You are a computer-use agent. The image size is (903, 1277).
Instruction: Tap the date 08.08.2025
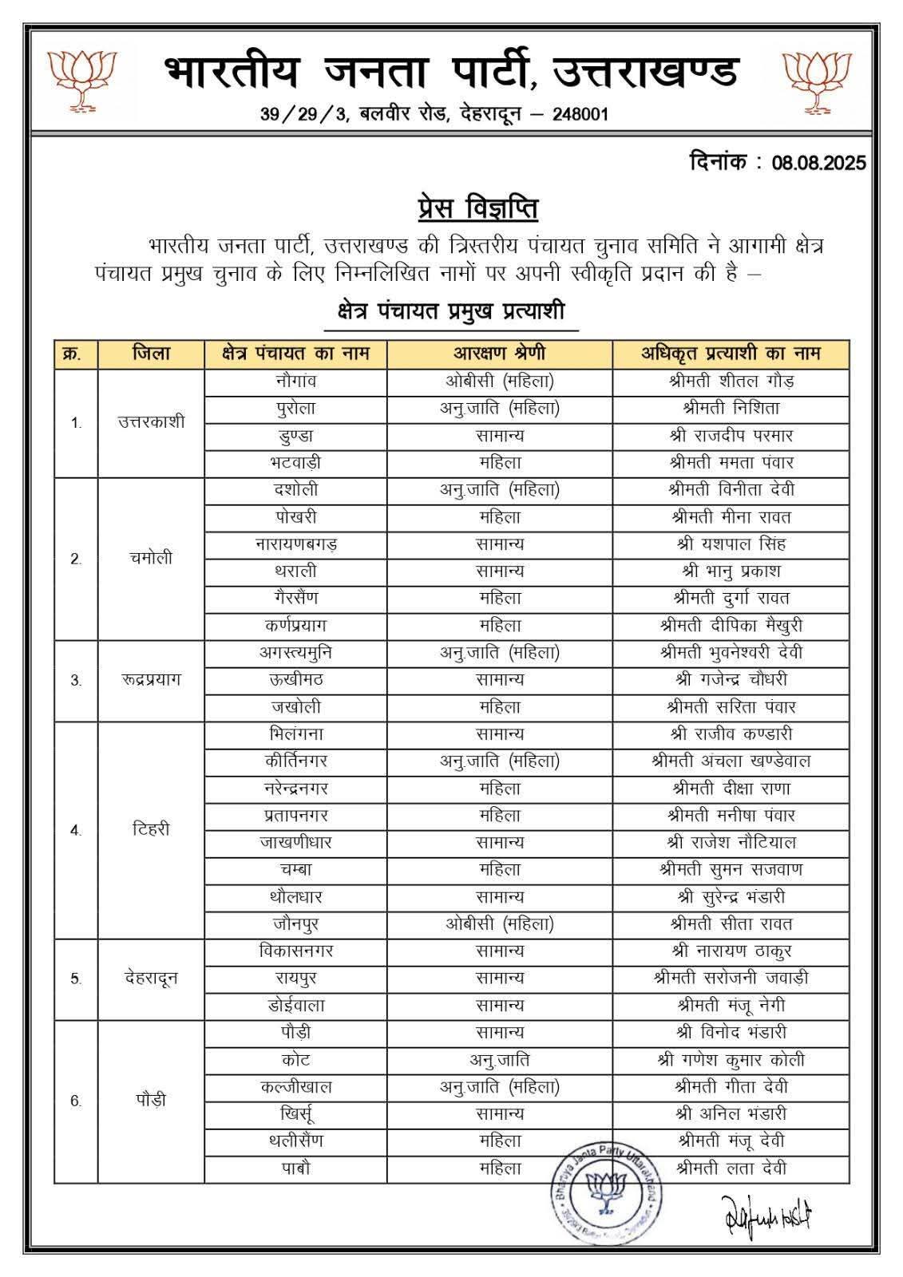coord(818,164)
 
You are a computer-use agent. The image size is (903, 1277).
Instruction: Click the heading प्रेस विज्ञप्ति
coord(477,209)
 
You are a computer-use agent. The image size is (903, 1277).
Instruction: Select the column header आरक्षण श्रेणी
coord(500,354)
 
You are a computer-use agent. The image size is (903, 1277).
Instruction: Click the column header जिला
coord(151,354)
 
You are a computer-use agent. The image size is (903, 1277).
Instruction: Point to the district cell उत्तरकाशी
coord(151,422)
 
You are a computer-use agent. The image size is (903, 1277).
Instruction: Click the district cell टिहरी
coord(151,829)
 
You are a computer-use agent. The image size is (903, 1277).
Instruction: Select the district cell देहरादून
coord(151,978)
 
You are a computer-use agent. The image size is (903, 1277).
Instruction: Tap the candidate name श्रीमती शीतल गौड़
coord(731,381)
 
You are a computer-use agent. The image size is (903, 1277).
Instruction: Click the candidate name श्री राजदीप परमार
coord(731,435)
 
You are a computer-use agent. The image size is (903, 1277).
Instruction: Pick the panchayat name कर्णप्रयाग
coord(295,625)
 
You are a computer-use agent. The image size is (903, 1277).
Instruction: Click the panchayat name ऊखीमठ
coord(295,679)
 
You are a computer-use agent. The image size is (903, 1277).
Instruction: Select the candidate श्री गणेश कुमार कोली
coord(731,1059)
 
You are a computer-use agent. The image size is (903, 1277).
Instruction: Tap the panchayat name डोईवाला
coord(295,1005)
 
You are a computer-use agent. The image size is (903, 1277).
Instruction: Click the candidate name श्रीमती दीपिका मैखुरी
coord(731,625)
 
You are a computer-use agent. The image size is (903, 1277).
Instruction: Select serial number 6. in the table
coord(76,1101)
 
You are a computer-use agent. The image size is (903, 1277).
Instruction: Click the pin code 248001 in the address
coord(577,114)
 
